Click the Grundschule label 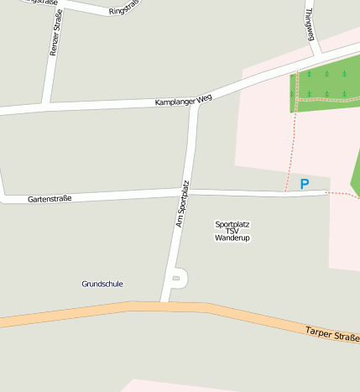[102, 284]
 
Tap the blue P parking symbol [305, 184]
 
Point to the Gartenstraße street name [50, 199]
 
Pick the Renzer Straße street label [55, 33]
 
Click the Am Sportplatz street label [182, 204]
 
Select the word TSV [232, 231]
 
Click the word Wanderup [232, 238]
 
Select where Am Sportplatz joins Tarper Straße [164, 302]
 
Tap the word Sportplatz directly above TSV [232, 224]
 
